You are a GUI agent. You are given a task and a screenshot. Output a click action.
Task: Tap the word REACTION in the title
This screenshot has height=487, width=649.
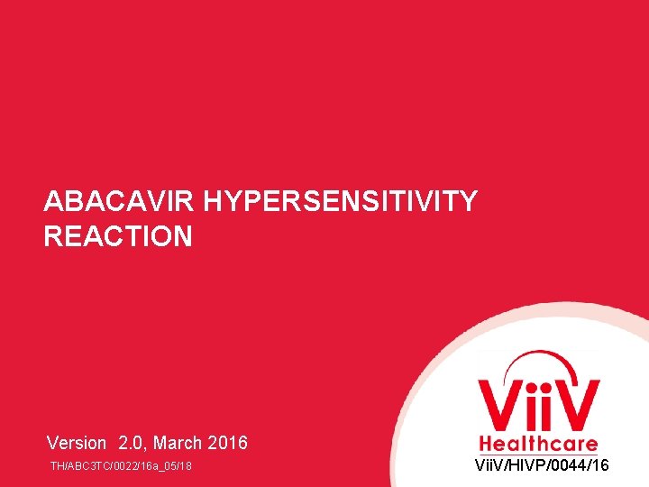click(118, 236)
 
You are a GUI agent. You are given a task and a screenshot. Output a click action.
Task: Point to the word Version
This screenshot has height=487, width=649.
click(77, 443)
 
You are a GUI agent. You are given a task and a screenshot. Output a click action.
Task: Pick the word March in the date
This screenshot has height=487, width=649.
click(179, 443)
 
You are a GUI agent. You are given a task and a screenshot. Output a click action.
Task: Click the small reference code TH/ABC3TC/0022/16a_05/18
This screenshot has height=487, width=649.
click(121, 466)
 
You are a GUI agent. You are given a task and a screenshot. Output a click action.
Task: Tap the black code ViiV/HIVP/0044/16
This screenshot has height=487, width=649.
click(542, 465)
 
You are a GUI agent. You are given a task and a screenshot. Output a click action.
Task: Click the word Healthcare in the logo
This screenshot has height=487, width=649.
click(538, 444)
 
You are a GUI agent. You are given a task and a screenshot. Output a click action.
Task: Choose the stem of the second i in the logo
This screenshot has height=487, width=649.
click(546, 414)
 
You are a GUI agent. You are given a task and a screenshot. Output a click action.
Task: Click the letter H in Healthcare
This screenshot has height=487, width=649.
click(485, 444)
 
